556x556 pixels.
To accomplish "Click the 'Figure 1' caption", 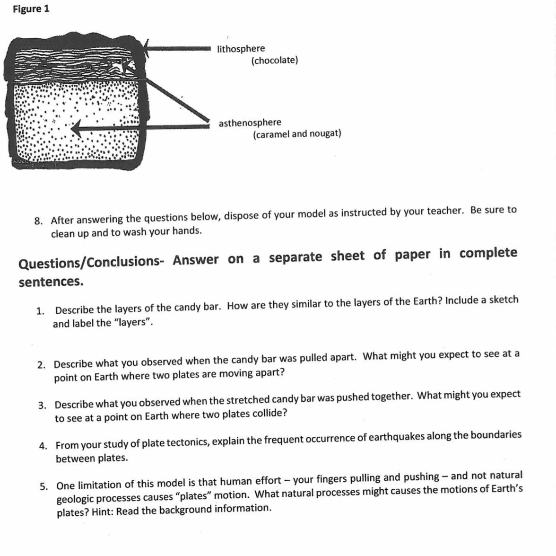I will tap(31, 9).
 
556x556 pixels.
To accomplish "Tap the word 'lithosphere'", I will tap(241, 49).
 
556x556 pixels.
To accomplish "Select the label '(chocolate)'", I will tap(275, 61).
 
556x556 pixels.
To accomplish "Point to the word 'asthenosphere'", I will tap(250, 123).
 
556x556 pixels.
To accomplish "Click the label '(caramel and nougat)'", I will tap(297, 134).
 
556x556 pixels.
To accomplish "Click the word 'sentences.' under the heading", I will tap(51, 282).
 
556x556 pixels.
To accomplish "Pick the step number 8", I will tap(40, 221).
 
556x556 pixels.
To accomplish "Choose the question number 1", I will tap(41, 311).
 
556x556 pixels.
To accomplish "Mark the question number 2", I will tap(42, 365).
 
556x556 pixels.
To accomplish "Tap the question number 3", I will tap(43, 406).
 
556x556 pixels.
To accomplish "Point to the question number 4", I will tap(43, 446).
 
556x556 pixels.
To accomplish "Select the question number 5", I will tap(44, 486).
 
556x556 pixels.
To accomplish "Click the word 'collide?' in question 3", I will tap(268, 413).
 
